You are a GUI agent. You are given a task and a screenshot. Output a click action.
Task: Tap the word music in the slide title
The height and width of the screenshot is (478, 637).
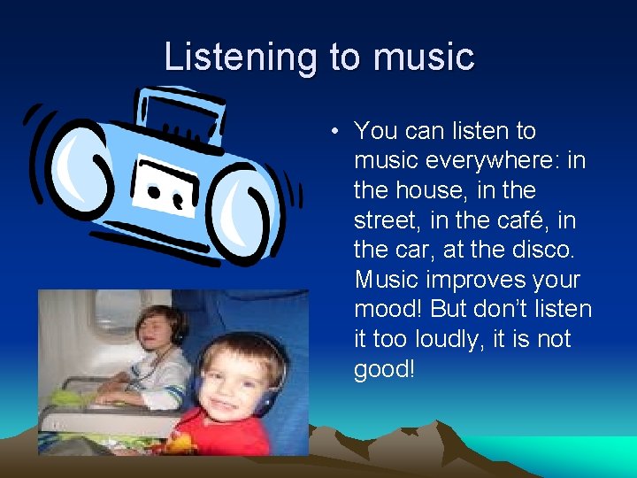pyautogui.click(x=424, y=58)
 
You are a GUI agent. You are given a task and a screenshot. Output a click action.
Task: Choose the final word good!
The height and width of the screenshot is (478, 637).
pyautogui.click(x=384, y=369)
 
